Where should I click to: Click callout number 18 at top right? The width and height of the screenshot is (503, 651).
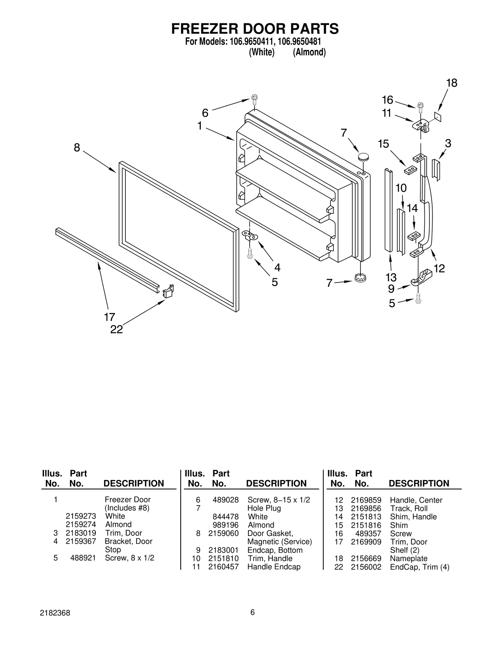tap(452, 83)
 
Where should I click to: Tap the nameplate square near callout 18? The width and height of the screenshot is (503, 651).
tap(438, 117)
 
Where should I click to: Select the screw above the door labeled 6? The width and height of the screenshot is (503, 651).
tap(254, 100)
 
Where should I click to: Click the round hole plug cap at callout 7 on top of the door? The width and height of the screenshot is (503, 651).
tap(363, 156)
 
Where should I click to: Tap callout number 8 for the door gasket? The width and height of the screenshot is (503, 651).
tap(77, 147)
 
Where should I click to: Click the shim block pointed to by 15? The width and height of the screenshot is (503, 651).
tap(410, 170)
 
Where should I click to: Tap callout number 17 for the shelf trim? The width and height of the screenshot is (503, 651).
tap(110, 317)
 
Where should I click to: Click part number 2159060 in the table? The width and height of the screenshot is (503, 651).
tap(223, 533)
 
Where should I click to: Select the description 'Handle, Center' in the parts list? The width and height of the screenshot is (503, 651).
tap(416, 500)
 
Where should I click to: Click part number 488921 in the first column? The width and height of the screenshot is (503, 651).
tap(83, 558)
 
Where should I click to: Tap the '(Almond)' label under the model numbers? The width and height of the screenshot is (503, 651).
tap(309, 52)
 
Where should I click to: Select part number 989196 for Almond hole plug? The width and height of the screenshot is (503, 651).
tap(225, 525)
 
